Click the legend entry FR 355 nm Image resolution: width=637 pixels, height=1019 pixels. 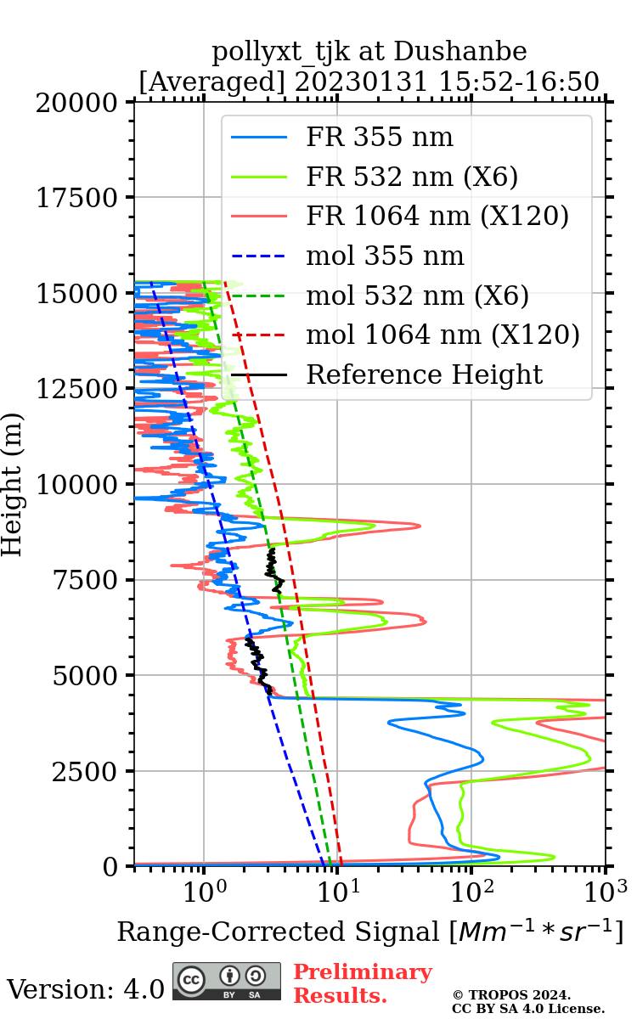(x=379, y=138)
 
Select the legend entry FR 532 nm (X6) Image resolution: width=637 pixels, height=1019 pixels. (x=412, y=177)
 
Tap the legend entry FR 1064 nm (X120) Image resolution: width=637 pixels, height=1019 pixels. (x=437, y=217)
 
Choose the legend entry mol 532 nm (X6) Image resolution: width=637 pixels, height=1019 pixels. (x=417, y=296)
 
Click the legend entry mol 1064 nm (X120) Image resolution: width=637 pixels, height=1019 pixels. (x=443, y=335)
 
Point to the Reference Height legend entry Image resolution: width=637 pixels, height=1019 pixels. (x=424, y=374)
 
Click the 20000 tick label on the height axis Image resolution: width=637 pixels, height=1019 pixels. (x=77, y=103)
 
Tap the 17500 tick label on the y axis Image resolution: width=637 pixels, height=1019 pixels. (x=77, y=198)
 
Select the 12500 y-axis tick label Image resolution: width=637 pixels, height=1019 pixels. (x=77, y=389)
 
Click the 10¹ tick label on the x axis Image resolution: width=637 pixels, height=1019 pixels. (x=337, y=890)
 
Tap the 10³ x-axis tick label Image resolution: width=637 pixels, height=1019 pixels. (x=605, y=890)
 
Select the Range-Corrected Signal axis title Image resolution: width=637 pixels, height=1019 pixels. (x=369, y=932)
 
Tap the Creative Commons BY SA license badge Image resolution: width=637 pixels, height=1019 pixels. (x=227, y=981)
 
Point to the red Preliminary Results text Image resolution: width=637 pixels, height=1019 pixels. (x=362, y=983)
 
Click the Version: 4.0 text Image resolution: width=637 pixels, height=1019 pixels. (x=85, y=989)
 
